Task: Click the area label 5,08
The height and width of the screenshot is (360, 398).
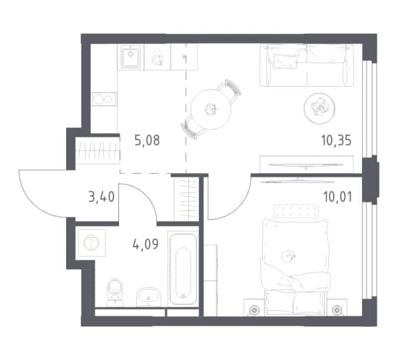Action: tap(147, 141)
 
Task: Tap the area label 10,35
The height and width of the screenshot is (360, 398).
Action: tap(336, 141)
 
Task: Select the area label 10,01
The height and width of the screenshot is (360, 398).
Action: tap(337, 197)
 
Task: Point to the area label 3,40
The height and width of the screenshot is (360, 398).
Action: tap(101, 197)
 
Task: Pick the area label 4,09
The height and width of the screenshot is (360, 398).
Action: tap(145, 244)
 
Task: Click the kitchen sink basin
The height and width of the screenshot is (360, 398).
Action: tap(131, 57)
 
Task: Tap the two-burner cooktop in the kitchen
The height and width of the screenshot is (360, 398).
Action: tap(104, 99)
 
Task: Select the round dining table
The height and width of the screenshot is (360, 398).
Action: tap(211, 109)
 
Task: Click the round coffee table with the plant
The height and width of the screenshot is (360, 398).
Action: tap(320, 108)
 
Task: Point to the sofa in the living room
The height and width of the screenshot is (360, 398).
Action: tap(307, 65)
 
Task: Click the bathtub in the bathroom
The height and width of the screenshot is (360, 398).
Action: tap(183, 268)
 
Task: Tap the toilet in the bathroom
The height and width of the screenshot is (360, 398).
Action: tap(115, 291)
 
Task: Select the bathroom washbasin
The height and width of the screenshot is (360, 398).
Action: tap(149, 297)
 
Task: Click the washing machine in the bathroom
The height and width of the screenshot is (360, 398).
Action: tap(91, 242)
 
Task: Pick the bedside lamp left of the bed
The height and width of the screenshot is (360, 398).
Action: tap(254, 310)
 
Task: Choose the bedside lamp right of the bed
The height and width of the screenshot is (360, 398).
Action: tap(336, 310)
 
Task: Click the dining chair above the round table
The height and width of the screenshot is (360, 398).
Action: tap(230, 91)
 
